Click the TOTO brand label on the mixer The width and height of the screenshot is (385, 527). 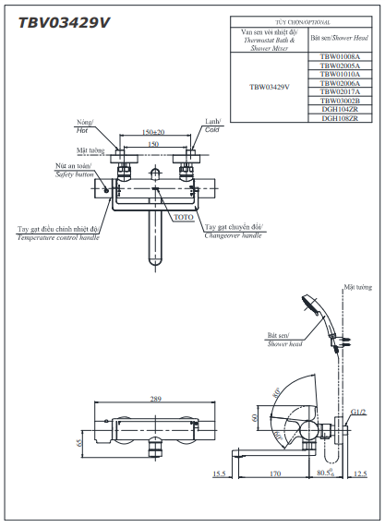pyautogui.click(x=183, y=217)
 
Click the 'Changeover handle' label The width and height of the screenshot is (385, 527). pyautogui.click(x=232, y=235)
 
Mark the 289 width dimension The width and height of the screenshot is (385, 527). pyautogui.click(x=155, y=400)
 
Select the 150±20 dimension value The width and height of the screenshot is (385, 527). pyautogui.click(x=154, y=132)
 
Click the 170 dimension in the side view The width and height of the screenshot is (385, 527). pyautogui.click(x=276, y=474)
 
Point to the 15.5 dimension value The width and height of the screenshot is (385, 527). pyautogui.click(x=219, y=474)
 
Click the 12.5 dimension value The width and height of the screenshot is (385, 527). pyautogui.click(x=359, y=474)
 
